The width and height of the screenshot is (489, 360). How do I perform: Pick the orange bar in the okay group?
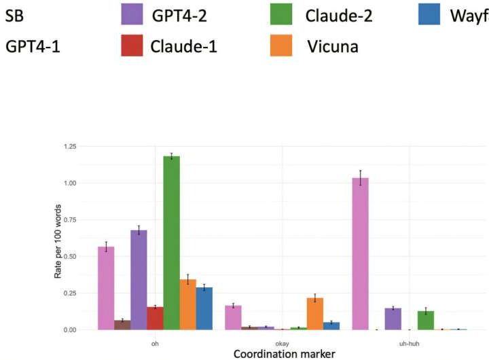coord(315,313)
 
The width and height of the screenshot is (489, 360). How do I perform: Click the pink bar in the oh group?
coord(106,288)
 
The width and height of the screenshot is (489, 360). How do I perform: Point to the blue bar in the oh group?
coord(204,308)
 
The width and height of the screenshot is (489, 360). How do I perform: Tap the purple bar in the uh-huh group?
coord(393,319)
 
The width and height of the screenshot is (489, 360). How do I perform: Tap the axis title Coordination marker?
coord(283,353)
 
